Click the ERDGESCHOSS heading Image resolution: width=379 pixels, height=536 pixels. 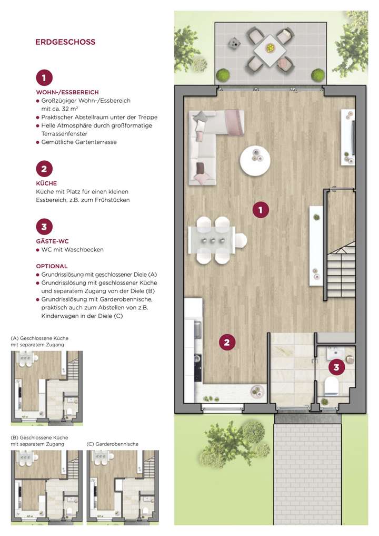click(x=65, y=42)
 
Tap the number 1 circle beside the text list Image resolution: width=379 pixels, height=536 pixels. click(x=44, y=78)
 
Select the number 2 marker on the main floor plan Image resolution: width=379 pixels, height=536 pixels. click(x=227, y=343)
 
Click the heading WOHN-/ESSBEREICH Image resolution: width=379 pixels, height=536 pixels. click(x=67, y=92)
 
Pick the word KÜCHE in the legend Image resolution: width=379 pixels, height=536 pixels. click(x=46, y=183)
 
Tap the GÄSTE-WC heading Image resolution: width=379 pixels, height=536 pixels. click(x=53, y=241)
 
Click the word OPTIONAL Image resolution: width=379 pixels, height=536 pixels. click(x=52, y=266)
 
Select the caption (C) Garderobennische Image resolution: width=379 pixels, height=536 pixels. click(x=112, y=444)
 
